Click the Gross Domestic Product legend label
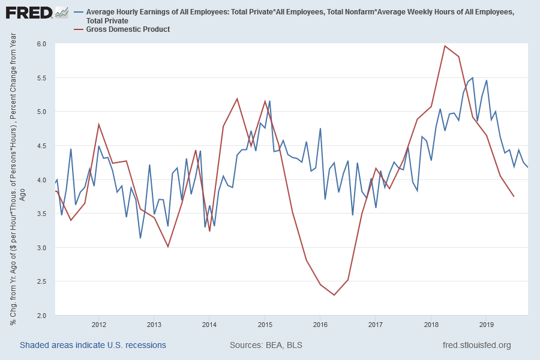[128, 29]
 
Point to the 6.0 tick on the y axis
[41, 44]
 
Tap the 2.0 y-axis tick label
[41, 315]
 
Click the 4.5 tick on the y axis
[41, 146]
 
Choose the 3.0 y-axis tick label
[41, 247]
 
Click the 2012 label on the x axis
[99, 325]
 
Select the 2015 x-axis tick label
[265, 325]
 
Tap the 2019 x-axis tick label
[485, 325]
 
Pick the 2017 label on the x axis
[375, 325]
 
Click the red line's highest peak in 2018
[445, 46]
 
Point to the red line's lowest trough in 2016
[334, 295]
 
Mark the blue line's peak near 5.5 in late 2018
[473, 77]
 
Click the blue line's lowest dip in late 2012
[140, 238]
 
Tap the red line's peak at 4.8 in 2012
[99, 125]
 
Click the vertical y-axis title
[17, 180]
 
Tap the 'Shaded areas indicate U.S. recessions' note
[93, 345]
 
